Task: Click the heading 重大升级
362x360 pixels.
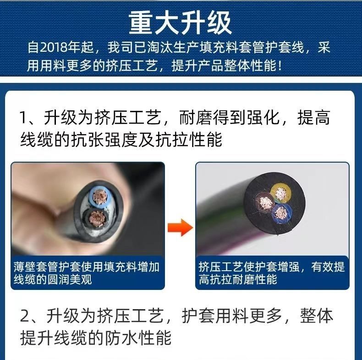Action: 180,23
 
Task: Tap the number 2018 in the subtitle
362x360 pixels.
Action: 54,48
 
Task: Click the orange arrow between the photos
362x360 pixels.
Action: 180,227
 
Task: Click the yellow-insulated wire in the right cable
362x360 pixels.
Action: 281,193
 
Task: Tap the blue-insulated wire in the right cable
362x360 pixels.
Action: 281,213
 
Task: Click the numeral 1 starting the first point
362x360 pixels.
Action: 23,118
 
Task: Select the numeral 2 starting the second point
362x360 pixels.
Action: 24,316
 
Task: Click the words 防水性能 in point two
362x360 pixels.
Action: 138,338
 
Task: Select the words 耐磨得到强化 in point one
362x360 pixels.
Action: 229,118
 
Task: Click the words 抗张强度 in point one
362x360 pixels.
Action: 104,139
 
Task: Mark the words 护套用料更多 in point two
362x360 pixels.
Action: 231,316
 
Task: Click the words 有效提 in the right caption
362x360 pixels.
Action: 328,267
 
